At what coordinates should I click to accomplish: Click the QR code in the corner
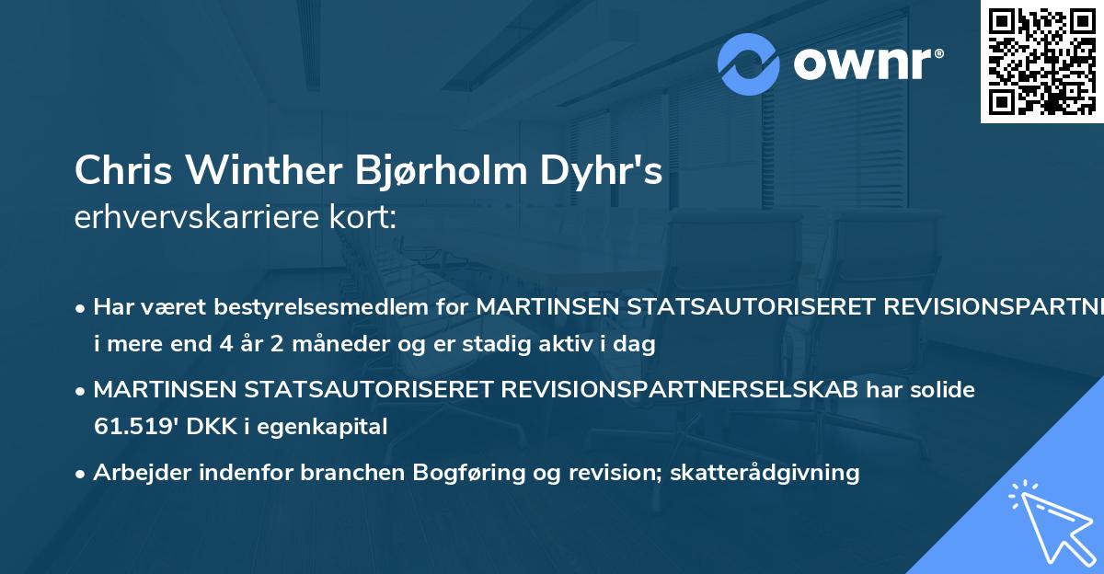(x=1041, y=62)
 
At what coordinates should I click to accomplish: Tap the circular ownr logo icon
(x=749, y=63)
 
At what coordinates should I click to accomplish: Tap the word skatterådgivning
(x=767, y=473)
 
